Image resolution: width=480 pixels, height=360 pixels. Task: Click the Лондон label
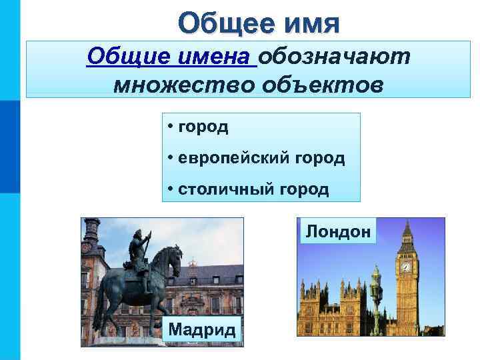(x=338, y=231)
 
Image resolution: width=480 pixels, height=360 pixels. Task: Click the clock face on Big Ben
(x=405, y=267)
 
